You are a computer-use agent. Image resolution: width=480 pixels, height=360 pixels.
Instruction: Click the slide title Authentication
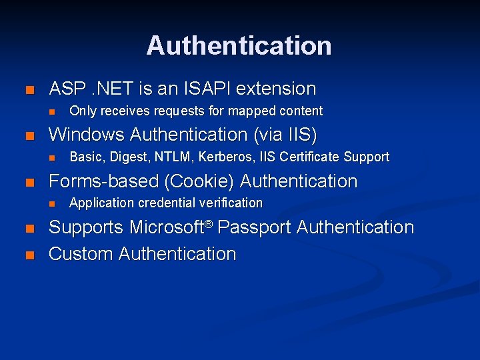coord(239,45)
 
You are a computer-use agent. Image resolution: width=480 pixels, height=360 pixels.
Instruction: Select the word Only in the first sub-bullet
coord(81,111)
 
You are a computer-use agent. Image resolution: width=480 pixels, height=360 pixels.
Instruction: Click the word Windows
coord(87,135)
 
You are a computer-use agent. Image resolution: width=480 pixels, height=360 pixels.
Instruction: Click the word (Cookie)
coord(203,181)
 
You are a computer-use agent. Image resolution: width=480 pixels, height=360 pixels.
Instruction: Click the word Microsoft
coord(166,227)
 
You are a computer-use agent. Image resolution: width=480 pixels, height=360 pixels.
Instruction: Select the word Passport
coord(255,228)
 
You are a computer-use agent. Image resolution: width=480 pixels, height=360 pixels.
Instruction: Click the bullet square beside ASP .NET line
coord(28,90)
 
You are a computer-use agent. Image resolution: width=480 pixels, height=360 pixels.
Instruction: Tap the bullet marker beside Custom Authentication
coord(28,255)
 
